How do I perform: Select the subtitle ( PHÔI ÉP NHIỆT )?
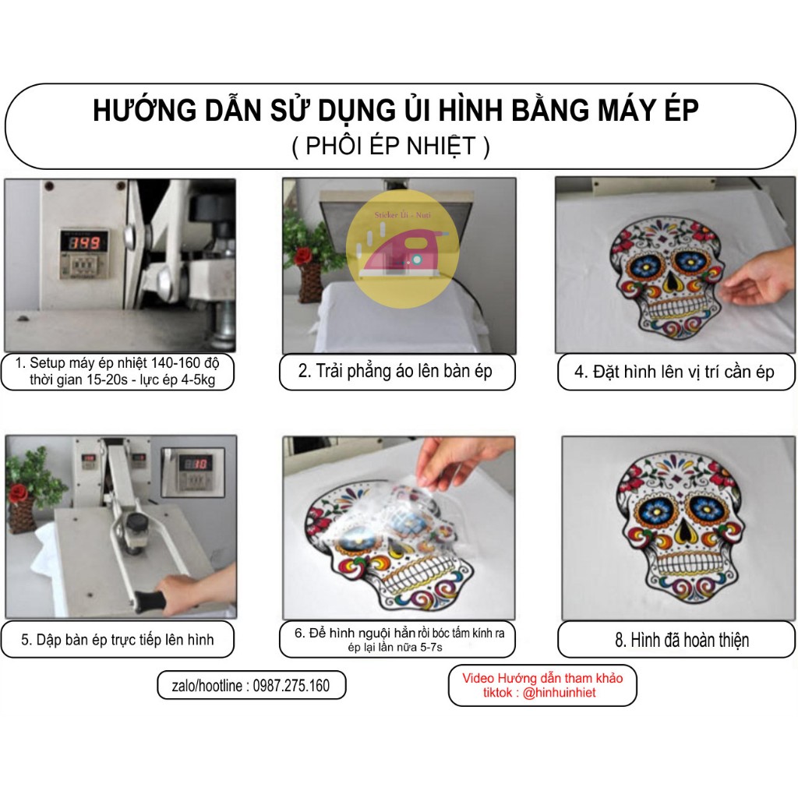click(391, 146)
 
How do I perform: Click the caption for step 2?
click(396, 371)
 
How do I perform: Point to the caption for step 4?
click(675, 372)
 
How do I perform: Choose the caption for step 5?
click(117, 640)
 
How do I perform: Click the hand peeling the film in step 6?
click(460, 460)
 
